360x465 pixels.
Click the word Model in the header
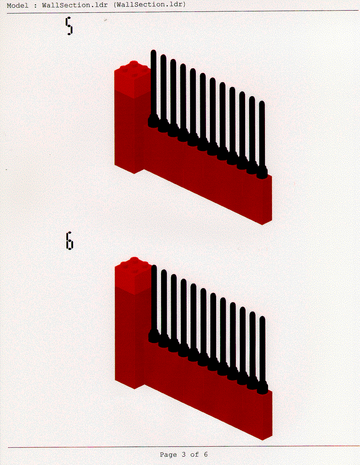click(18, 5)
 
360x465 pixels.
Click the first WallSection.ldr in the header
click(75, 5)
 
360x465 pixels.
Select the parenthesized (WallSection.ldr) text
click(149, 5)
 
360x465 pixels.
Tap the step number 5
click(69, 26)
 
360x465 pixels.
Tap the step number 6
click(70, 241)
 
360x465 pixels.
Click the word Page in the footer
click(168, 454)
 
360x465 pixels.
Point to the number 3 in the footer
click(184, 454)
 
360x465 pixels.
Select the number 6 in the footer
click(206, 454)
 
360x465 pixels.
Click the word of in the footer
click(195, 454)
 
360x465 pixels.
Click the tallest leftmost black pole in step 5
click(153, 86)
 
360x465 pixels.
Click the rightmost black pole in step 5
click(262, 137)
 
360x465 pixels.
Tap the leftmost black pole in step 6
click(154, 301)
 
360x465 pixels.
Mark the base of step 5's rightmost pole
click(262, 173)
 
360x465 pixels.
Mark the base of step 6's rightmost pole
click(262, 388)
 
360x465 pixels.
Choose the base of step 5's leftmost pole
click(153, 122)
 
